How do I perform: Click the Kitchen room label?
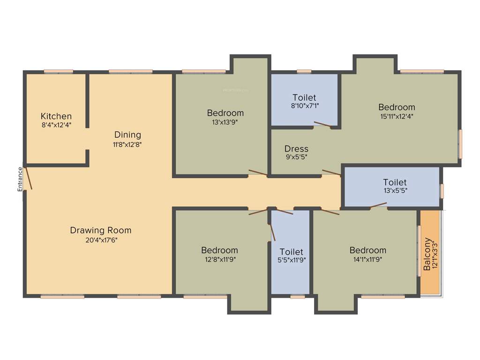56,116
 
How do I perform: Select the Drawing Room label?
101,231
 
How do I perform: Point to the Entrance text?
20,179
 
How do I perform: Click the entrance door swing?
29,178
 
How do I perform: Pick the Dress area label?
296,149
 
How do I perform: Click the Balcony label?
427,255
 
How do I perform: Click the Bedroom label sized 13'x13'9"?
225,113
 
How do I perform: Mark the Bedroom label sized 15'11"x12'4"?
397,107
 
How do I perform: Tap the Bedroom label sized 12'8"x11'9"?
219,250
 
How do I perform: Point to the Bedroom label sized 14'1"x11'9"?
368,250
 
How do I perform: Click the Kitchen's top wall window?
59,72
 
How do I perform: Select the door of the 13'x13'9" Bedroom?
258,173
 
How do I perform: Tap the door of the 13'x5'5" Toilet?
378,205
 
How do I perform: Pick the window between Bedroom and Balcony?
419,251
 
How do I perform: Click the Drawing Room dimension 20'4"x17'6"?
101,240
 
